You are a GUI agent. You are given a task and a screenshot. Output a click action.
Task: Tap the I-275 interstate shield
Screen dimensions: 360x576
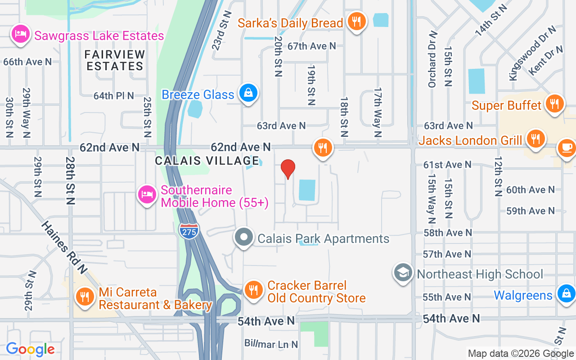coord(189,231)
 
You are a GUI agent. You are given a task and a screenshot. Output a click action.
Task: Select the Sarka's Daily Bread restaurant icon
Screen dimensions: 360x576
coord(356,21)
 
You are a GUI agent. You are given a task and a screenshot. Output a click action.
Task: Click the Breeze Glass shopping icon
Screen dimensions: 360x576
coord(247,93)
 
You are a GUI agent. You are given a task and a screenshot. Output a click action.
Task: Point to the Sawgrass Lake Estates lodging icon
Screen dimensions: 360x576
coord(21,34)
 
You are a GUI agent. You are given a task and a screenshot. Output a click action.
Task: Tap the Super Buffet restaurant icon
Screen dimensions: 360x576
coord(554,103)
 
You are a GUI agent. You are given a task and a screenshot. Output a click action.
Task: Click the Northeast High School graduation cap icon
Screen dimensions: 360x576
coord(403,273)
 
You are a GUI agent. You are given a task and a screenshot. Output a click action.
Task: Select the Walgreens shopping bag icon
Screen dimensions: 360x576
coord(566,293)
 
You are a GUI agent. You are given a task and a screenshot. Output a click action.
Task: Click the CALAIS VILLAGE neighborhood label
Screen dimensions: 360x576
coord(207,161)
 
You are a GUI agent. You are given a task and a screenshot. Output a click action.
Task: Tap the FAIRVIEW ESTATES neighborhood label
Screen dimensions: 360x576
coord(115,60)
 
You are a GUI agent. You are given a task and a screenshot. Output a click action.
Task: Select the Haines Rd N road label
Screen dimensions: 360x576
coord(64,247)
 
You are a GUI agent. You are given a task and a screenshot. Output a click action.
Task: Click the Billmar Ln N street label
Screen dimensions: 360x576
coord(271,344)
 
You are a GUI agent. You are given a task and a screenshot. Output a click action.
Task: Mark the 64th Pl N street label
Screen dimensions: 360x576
coord(114,96)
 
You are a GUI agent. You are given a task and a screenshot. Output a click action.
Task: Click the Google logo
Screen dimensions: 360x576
coord(30,349)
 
